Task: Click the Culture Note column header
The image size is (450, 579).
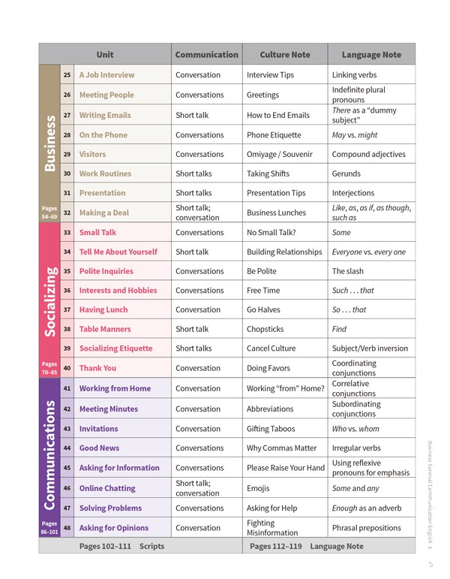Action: tap(284, 55)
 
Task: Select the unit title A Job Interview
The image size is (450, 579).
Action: tap(106, 75)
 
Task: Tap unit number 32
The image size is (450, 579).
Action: tap(67, 213)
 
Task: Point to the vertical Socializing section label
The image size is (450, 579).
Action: tap(50, 300)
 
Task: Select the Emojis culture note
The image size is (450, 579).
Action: tap(259, 488)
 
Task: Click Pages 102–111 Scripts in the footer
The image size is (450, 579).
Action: tap(121, 546)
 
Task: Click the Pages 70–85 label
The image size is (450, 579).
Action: tap(48, 368)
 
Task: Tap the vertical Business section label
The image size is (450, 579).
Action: tap(50, 143)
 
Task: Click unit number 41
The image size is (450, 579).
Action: tap(67, 388)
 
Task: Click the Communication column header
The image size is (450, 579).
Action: tap(206, 55)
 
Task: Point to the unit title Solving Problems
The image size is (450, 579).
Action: tap(110, 508)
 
